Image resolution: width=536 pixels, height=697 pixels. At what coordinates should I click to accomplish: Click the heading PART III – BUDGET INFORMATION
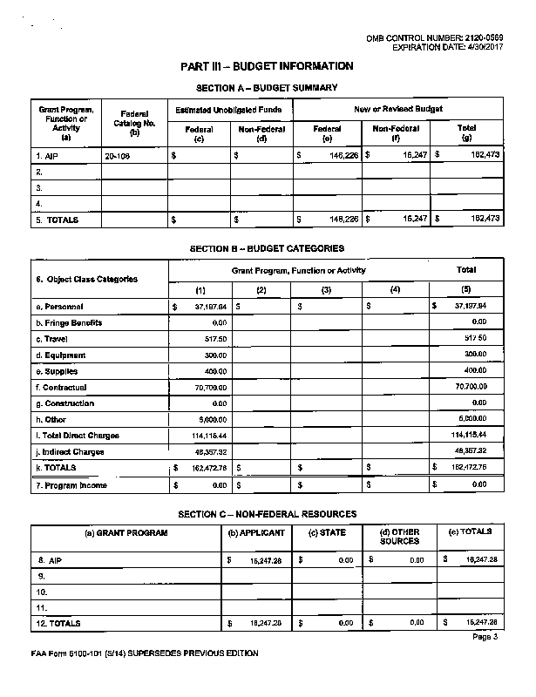(267, 66)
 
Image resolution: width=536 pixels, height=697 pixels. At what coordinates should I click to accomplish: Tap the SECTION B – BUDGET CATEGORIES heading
(267, 248)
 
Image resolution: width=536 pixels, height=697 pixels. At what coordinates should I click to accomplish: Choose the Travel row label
(51, 339)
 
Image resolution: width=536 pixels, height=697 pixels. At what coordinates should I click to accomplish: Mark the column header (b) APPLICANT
(257, 532)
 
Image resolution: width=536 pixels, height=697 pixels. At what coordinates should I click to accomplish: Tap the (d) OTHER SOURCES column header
(399, 537)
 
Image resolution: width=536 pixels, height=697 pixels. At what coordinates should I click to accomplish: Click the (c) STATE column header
(327, 532)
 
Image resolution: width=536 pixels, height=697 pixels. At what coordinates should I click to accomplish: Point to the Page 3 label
(485, 637)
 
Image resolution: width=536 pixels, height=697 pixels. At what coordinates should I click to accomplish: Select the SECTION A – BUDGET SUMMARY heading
(267, 88)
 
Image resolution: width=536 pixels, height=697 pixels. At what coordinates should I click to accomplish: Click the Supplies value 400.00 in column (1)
(214, 371)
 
